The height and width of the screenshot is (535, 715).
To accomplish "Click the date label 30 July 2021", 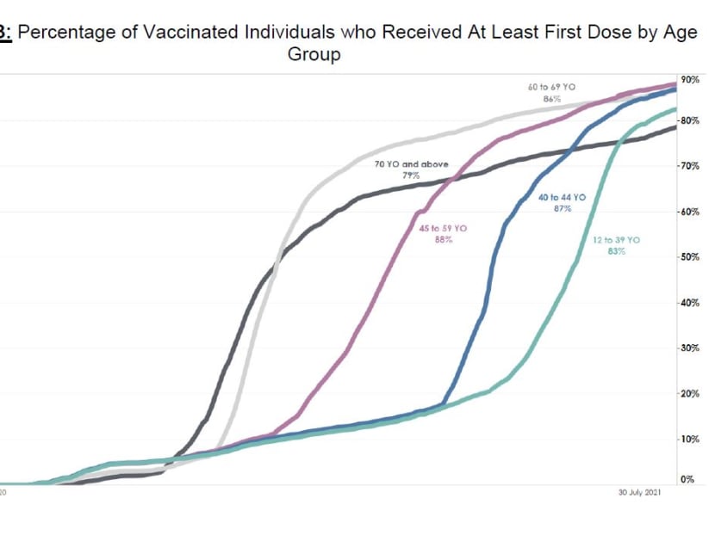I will (638, 493).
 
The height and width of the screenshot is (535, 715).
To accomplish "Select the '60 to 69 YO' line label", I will (551, 88).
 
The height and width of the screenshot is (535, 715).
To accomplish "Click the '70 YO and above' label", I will (412, 163).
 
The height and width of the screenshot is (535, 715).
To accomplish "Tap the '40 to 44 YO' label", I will (562, 197).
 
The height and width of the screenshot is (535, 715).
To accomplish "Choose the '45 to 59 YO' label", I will (443, 228).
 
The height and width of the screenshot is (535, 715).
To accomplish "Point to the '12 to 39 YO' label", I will (617, 240).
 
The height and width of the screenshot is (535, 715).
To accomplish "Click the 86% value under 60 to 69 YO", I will (551, 99).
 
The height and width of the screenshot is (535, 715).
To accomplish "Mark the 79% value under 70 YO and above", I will (411, 175).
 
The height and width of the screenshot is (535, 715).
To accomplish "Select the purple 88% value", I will (443, 240).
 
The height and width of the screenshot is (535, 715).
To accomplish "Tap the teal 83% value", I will (617, 252).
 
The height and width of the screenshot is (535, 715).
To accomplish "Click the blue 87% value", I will (563, 208).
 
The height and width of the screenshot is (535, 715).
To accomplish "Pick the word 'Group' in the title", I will (314, 54).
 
